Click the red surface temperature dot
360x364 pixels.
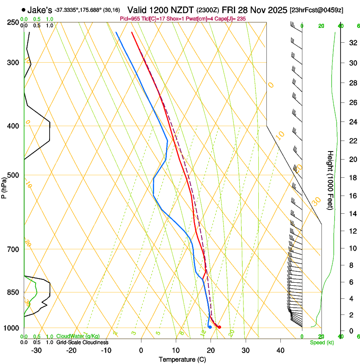pos(219,327)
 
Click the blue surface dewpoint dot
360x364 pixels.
pos(210,327)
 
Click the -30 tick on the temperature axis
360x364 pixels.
pos(36,350)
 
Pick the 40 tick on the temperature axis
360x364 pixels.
pos(280,350)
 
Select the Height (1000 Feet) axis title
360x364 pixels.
pos(330,180)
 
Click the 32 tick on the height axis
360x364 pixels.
pos(352,42)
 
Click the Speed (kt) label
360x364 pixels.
pos(321,342)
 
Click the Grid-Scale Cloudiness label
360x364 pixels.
pos(82,342)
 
